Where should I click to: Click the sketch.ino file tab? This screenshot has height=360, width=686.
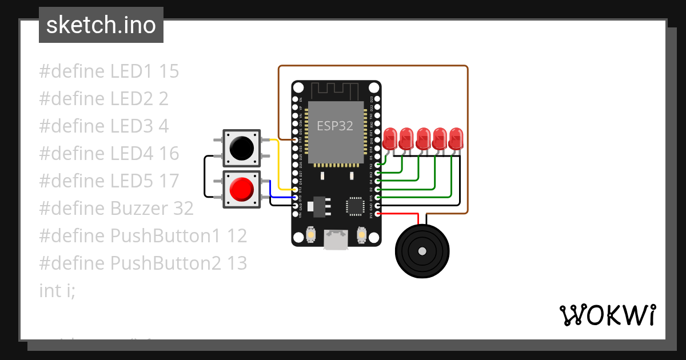pos(101,25)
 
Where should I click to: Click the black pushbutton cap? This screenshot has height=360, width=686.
pos(241,148)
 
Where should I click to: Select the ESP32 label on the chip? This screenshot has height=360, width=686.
pos(336,126)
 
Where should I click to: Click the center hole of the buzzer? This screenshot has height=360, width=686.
pos(422,251)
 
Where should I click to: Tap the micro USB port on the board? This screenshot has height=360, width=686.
pos(336,240)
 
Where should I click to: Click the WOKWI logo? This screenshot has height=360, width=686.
pos(607,315)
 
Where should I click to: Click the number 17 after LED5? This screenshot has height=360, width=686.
pos(169,181)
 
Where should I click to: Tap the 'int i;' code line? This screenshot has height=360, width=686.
pos(57,291)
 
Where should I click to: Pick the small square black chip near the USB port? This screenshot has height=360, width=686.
pos(355,207)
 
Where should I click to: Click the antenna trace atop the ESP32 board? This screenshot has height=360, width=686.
pos(336,90)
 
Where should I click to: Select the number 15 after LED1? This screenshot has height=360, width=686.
pos(169,71)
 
